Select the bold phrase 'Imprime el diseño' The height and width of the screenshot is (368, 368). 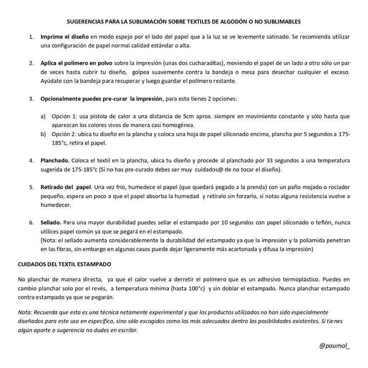(x=64, y=36)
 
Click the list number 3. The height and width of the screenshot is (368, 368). (x=31, y=99)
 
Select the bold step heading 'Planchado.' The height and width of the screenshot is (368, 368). (x=55, y=161)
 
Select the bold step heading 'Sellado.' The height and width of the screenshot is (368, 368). (x=51, y=222)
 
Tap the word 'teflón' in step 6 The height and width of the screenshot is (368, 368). (x=318, y=222)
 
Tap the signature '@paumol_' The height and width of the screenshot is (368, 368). (x=334, y=345)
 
